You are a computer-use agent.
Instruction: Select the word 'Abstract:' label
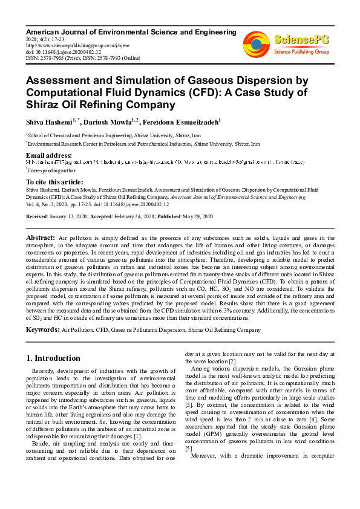point(41,239)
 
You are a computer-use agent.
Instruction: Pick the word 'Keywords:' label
point(42,329)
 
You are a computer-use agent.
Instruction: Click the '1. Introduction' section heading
point(53,358)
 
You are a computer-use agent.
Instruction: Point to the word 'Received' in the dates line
point(38,216)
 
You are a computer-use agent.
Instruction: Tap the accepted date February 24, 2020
point(130,216)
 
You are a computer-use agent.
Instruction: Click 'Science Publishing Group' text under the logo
point(301,53)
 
